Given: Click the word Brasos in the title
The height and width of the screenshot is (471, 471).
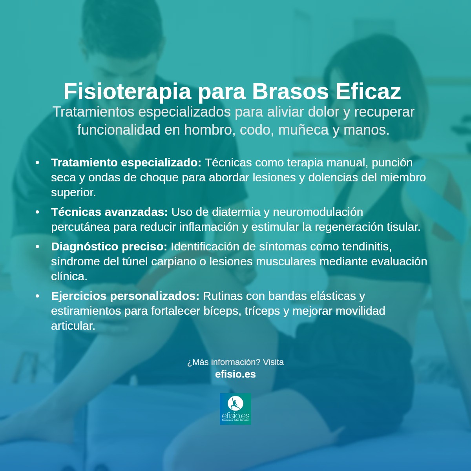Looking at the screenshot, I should [290, 91].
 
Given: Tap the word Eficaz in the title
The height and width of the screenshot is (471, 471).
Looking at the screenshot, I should [368, 91].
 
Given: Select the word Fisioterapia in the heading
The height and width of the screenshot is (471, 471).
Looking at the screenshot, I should [127, 91].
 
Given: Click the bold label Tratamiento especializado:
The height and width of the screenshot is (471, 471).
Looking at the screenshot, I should [126, 162].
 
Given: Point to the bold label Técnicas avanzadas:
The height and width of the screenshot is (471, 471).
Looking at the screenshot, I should [110, 212].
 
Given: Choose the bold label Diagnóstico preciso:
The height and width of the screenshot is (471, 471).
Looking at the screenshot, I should [109, 246].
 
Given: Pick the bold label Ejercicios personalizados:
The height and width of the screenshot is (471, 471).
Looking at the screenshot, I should [125, 296].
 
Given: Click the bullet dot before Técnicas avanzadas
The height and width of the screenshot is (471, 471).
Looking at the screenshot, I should [38, 212].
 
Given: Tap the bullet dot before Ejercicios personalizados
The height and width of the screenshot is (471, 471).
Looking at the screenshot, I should [38, 296].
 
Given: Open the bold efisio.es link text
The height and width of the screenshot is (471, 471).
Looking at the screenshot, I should [235, 374].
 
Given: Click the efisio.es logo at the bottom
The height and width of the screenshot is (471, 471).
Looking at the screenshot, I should [235, 409].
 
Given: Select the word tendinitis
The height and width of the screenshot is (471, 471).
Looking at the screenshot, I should [367, 246].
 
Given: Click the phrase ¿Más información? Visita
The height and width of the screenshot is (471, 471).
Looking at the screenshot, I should [235, 362].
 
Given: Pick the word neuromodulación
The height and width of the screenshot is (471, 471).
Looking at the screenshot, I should [318, 212].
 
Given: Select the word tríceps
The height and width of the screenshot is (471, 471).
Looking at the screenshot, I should [262, 311].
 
